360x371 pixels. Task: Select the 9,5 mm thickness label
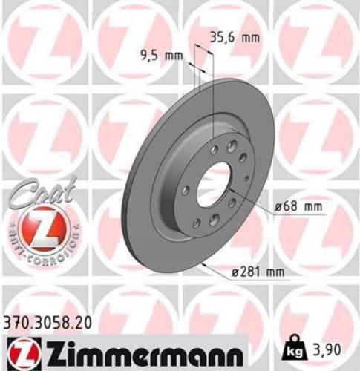(162, 53)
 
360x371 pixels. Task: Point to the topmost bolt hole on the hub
(233, 144)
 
